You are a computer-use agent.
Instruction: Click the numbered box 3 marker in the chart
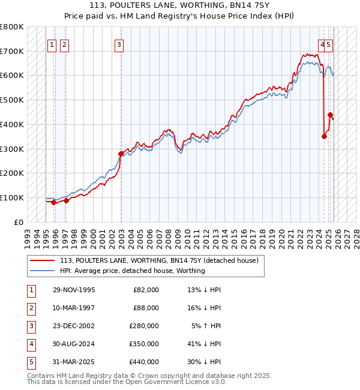[119, 44]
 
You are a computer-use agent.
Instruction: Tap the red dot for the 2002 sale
[121, 154]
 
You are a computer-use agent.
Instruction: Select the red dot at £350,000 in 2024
[324, 136]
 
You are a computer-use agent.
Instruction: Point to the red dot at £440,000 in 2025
[330, 115]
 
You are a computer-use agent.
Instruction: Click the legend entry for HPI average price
[132, 271]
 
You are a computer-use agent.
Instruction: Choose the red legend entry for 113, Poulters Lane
[158, 260]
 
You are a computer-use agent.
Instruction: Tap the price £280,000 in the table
[144, 326]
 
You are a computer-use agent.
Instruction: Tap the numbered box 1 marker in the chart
[52, 44]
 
